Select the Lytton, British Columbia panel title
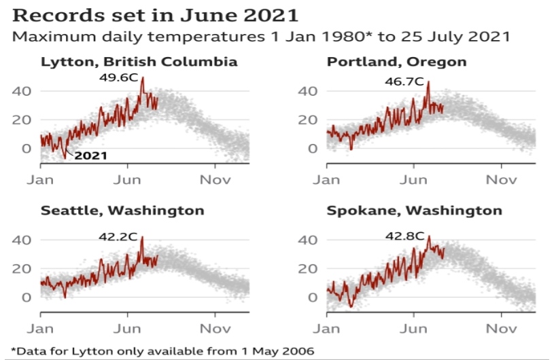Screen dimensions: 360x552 [139, 62]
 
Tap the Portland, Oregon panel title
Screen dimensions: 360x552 [397, 62]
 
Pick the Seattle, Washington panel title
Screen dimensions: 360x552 [122, 211]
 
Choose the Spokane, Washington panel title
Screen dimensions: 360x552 [415, 211]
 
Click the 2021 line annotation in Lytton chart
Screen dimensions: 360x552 [90, 156]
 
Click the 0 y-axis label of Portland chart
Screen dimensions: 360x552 [313, 148]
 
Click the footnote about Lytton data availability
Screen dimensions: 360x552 [158, 350]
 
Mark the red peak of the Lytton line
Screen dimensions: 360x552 [142, 79]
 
